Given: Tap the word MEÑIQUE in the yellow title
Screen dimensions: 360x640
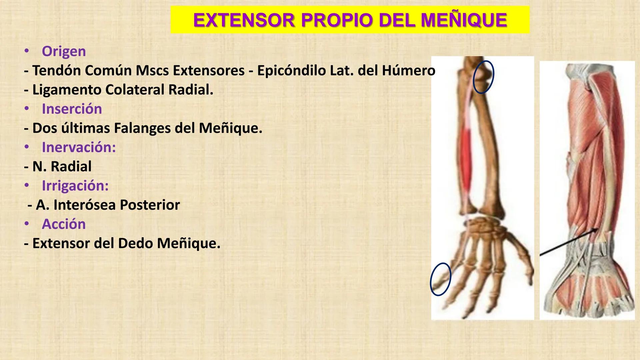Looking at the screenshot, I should (x=464, y=20).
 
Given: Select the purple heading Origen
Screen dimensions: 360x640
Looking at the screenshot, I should (x=64, y=51).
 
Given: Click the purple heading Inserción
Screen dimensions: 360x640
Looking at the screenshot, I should (x=72, y=109).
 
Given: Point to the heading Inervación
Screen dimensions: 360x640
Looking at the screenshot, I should (x=79, y=147).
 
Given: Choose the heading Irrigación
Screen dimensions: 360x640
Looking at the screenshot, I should (x=75, y=186).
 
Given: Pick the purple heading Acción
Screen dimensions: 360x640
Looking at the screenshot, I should (x=64, y=224).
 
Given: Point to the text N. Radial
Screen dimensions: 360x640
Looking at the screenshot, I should (x=62, y=166).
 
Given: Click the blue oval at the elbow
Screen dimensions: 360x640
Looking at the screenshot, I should (x=483, y=77).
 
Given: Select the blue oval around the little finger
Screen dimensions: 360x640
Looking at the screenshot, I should (x=440, y=279).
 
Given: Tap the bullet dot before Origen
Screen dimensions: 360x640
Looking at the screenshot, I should (x=27, y=51).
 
